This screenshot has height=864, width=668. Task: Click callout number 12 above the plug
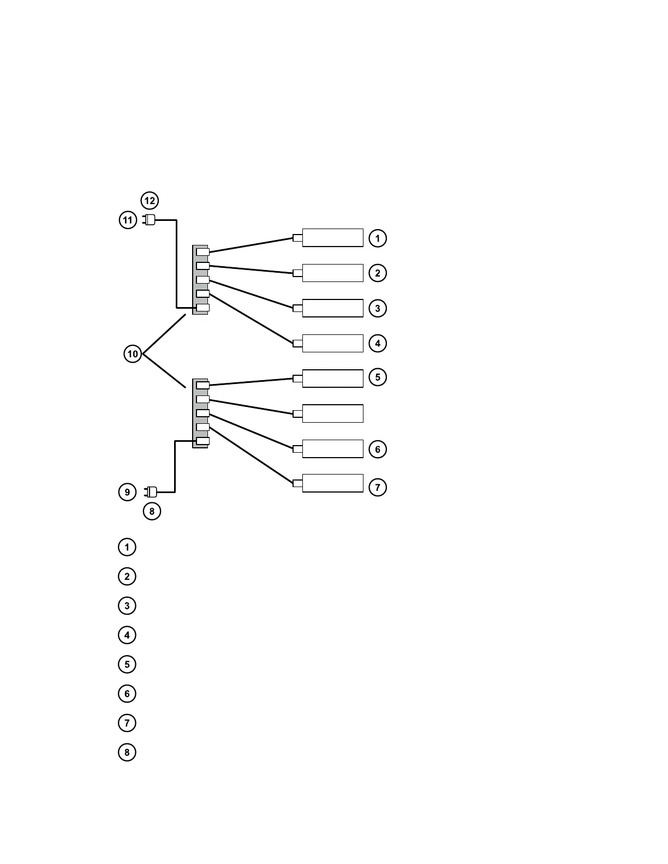(x=150, y=201)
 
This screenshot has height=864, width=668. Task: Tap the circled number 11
(x=128, y=220)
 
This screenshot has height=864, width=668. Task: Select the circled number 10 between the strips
(x=133, y=354)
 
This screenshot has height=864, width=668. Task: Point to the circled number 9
(x=127, y=492)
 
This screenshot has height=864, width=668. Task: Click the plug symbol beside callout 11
(x=149, y=220)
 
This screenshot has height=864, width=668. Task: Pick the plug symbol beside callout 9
(x=151, y=491)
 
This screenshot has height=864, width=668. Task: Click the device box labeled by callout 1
(x=332, y=238)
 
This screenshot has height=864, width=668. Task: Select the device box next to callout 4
(x=332, y=343)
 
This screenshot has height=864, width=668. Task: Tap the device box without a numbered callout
(x=332, y=413)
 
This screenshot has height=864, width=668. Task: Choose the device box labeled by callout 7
(x=332, y=483)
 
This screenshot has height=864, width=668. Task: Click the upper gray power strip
(x=200, y=279)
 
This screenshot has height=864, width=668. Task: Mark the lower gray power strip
(x=200, y=413)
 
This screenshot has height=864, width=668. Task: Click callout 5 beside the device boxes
(x=378, y=377)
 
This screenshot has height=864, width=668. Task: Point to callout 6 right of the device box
(x=378, y=449)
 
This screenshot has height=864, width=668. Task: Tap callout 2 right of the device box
(x=378, y=273)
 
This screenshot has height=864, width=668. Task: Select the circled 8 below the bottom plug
(x=152, y=512)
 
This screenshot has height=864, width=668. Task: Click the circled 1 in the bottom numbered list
(x=127, y=547)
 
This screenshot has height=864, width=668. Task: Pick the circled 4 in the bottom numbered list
(x=127, y=635)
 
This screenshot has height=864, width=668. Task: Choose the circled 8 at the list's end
(x=127, y=752)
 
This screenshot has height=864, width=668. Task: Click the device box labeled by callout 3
(x=332, y=308)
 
